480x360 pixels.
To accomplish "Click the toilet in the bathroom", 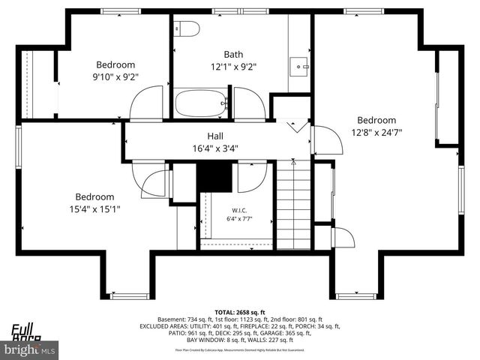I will tap(187, 28).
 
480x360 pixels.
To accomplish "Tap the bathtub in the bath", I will tap(201, 103).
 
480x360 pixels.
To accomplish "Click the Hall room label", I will tap(215, 136).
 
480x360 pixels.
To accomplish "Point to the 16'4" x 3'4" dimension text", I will tap(215, 148).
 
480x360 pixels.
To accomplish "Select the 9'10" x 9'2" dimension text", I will tap(115, 76).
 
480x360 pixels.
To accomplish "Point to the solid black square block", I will tap(214, 177).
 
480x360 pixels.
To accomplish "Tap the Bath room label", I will tap(234, 54).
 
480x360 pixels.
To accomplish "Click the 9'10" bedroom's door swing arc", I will tap(147, 103).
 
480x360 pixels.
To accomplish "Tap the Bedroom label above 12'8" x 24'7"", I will tap(376, 120).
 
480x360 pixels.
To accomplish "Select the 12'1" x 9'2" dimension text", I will tap(234, 66).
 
